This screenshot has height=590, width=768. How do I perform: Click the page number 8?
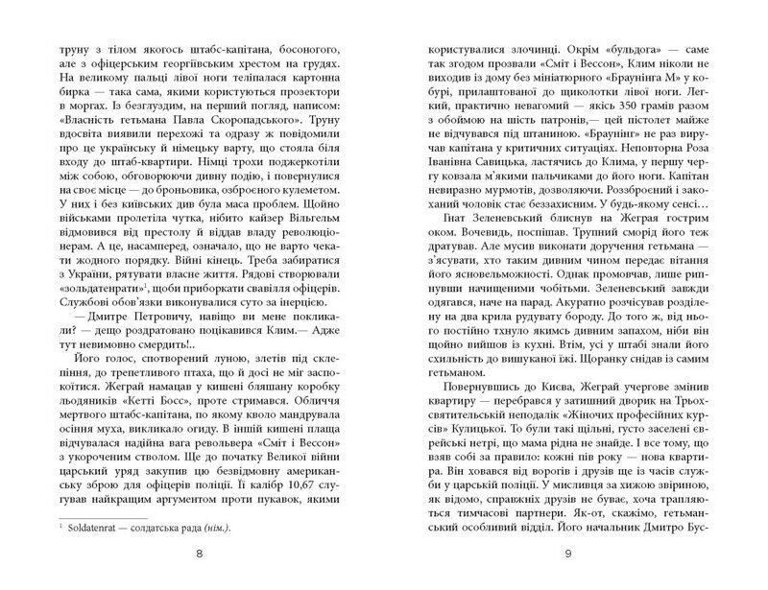click(198, 554)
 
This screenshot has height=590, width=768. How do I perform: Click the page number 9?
click(569, 554)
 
